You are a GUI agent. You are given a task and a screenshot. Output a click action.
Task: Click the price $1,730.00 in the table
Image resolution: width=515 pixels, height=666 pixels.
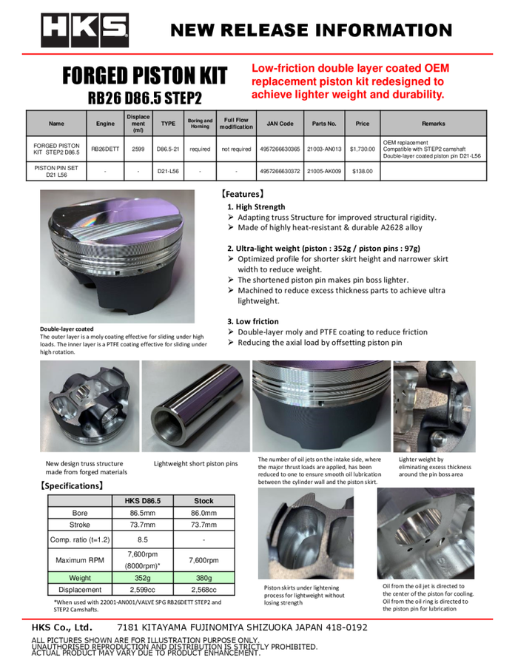click(x=363, y=148)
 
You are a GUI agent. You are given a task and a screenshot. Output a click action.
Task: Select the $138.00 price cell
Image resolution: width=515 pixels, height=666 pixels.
click(x=363, y=172)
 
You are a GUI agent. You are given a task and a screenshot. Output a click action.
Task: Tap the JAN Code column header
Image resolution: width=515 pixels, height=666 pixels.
click(x=280, y=124)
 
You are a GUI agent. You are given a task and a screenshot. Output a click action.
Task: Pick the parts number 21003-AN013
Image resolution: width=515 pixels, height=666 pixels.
click(x=324, y=148)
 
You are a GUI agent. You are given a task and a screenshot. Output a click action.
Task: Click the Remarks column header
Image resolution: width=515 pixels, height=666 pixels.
click(x=433, y=124)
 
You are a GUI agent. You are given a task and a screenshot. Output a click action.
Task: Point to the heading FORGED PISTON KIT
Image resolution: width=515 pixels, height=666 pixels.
click(x=144, y=76)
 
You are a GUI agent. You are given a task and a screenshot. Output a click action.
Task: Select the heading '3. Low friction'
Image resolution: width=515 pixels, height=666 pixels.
click(x=253, y=321)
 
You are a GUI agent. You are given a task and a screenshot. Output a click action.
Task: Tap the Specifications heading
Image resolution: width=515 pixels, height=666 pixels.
click(x=72, y=486)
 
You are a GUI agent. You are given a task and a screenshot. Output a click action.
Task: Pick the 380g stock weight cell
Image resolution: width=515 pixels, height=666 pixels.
click(x=203, y=578)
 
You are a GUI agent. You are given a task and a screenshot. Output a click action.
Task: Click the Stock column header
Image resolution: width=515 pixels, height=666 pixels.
click(x=203, y=501)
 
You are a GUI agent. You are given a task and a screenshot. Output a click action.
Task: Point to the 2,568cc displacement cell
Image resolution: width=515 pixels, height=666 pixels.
click(x=203, y=591)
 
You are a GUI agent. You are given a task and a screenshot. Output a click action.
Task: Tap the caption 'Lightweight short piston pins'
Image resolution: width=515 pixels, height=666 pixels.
click(x=196, y=464)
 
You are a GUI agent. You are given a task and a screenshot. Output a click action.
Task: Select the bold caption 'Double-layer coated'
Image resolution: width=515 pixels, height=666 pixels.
click(x=67, y=329)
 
